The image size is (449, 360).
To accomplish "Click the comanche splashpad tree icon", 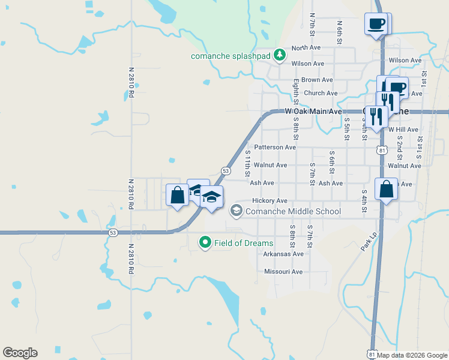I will click(x=280, y=55).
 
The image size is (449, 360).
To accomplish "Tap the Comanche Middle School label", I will click(x=294, y=211).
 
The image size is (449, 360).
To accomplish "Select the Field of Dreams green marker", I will click(x=205, y=243).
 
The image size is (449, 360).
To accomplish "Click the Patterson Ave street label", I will click(x=275, y=147).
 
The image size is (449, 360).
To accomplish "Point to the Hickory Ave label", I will click(x=270, y=200).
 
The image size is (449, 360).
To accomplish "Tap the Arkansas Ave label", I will click(x=283, y=254).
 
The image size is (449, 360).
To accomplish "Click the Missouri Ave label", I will click(x=283, y=272).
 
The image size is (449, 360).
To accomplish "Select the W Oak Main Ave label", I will click(x=313, y=112).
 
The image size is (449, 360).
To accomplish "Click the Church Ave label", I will click(x=321, y=93).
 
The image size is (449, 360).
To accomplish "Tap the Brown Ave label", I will click(x=317, y=80).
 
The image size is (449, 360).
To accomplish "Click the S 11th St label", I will click(x=248, y=163).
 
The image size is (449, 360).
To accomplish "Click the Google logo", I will click(x=20, y=353).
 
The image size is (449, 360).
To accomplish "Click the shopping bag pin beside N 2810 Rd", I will click(x=177, y=196).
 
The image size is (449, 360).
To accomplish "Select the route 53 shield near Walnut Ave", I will click(x=226, y=171).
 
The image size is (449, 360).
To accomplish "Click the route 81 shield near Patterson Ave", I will click(x=382, y=149).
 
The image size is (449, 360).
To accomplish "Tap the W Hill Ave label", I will click(x=403, y=130).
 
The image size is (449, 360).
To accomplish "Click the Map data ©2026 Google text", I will click(x=412, y=355).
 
